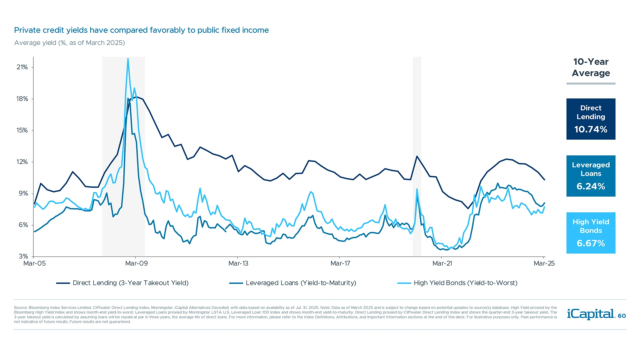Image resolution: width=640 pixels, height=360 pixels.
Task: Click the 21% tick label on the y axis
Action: click(x=22, y=67)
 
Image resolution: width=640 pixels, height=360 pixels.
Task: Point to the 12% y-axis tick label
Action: click(x=22, y=162)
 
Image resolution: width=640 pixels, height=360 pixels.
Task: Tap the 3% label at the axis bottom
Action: click(x=23, y=256)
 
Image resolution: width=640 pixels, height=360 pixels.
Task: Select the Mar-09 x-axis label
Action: click(x=136, y=263)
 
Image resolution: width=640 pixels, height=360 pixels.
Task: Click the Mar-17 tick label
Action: click(x=340, y=263)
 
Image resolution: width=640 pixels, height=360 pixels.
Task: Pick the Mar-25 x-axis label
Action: click(x=544, y=263)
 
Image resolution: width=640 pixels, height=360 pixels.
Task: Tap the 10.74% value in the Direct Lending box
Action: click(x=591, y=129)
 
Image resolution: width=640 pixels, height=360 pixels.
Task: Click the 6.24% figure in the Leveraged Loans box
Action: click(x=591, y=186)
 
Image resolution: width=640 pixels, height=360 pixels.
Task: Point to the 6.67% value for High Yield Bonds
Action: click(x=591, y=243)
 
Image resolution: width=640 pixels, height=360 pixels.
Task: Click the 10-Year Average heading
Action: click(x=591, y=67)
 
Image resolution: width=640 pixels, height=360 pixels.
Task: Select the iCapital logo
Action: click(x=590, y=314)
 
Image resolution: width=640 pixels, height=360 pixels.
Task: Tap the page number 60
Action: click(x=622, y=316)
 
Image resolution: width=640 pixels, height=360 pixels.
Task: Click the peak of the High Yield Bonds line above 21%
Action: click(x=128, y=59)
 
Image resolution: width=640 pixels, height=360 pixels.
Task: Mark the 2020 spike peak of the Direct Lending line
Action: click(x=417, y=156)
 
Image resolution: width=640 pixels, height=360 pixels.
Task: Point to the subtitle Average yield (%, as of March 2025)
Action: click(x=69, y=43)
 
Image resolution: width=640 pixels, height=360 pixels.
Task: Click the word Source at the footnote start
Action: click(x=20, y=308)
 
